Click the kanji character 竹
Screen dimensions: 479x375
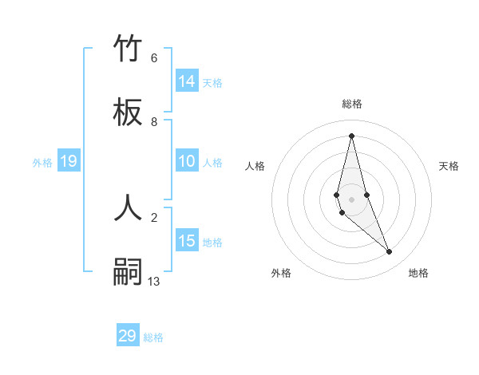click(128, 49)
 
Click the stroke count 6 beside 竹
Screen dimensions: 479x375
click(154, 58)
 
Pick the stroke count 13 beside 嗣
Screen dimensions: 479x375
click(154, 281)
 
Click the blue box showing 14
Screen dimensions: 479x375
click(187, 81)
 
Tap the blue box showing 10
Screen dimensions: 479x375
click(187, 161)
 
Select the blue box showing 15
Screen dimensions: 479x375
click(187, 241)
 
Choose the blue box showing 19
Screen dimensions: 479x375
click(68, 162)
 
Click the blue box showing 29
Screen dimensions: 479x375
click(128, 336)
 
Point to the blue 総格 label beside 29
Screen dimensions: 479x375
click(153, 337)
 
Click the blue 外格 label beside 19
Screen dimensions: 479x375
click(42, 163)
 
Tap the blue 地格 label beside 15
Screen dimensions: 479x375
click(212, 243)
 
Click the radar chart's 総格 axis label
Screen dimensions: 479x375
click(352, 104)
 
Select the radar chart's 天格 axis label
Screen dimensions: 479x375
click(449, 166)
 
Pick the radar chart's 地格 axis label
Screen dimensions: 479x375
click(418, 273)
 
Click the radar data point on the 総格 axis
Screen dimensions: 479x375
click(352, 135)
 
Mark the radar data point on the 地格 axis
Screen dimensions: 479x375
click(390, 252)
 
